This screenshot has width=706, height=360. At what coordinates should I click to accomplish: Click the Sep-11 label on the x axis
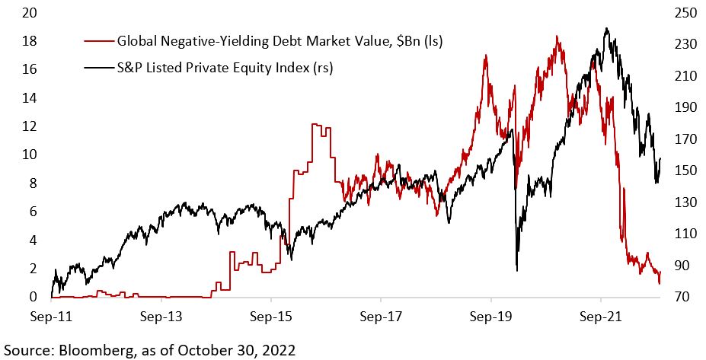52,314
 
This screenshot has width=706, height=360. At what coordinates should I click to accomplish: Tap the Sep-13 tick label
162,314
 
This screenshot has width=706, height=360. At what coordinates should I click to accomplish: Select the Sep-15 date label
272,314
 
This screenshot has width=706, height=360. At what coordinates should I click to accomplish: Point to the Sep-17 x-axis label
382,314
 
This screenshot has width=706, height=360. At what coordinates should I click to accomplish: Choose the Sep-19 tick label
491,314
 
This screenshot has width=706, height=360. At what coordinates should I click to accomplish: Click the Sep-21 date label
601,314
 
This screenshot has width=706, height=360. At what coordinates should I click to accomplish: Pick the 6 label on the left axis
31,212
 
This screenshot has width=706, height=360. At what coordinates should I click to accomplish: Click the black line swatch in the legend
97,68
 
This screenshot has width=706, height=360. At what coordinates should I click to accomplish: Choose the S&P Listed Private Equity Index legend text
225,68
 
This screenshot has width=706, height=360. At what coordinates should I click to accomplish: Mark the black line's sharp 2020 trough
517,269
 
